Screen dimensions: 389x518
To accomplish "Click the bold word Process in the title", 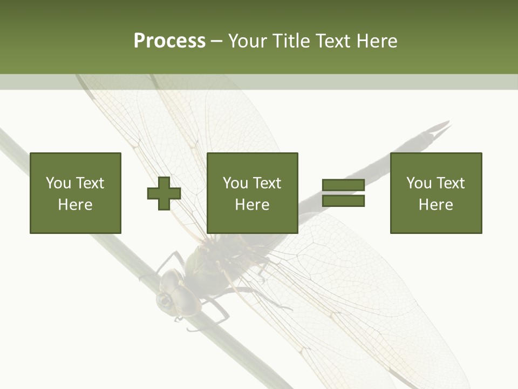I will click(x=169, y=41).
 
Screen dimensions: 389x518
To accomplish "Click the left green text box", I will click(x=76, y=193).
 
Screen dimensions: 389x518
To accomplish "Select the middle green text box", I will click(x=252, y=193).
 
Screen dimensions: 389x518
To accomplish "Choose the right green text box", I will click(x=436, y=193).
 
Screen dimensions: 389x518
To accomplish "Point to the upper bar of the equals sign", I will click(x=343, y=185).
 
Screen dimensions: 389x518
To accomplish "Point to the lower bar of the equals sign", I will click(x=343, y=201).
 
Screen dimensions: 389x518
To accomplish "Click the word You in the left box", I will click(x=58, y=183).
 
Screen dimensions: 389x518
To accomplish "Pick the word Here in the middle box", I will click(x=252, y=205).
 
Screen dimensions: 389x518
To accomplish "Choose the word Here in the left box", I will click(x=76, y=205).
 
